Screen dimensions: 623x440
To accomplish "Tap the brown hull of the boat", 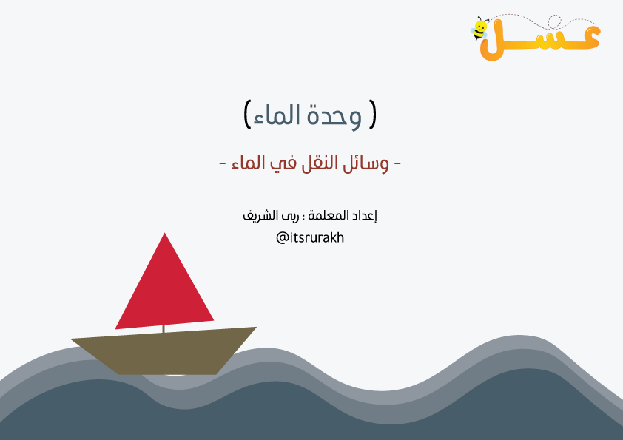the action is tap(164, 351).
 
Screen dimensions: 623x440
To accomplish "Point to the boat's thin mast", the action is tap(164, 329).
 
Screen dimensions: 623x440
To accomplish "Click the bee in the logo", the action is tap(479, 29).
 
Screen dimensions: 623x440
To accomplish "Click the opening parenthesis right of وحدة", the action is tap(372, 115).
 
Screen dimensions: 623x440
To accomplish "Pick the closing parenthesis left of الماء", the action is tap(247, 115).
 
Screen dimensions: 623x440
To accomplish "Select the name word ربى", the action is tap(291, 217).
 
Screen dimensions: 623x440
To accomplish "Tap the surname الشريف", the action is tap(260, 216).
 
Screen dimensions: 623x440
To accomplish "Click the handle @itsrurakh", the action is tap(310, 238).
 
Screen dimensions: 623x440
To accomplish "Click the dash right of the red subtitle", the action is tap(397, 163).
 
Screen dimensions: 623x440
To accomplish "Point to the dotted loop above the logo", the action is tap(555, 22).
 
